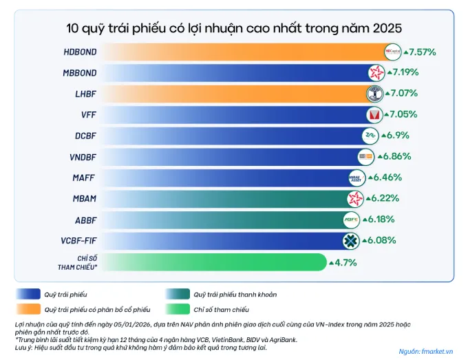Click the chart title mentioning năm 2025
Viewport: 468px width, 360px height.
click(x=234, y=28)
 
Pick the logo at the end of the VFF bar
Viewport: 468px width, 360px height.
click(x=374, y=114)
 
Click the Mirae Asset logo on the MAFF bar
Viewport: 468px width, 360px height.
click(x=358, y=178)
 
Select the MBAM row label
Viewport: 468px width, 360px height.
click(x=85, y=199)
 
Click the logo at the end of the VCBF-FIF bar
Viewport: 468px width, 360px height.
click(x=352, y=241)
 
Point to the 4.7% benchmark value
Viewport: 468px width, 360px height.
click(x=346, y=262)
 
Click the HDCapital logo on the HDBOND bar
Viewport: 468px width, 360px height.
click(x=392, y=52)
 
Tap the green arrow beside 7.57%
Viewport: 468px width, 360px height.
click(x=407, y=52)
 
